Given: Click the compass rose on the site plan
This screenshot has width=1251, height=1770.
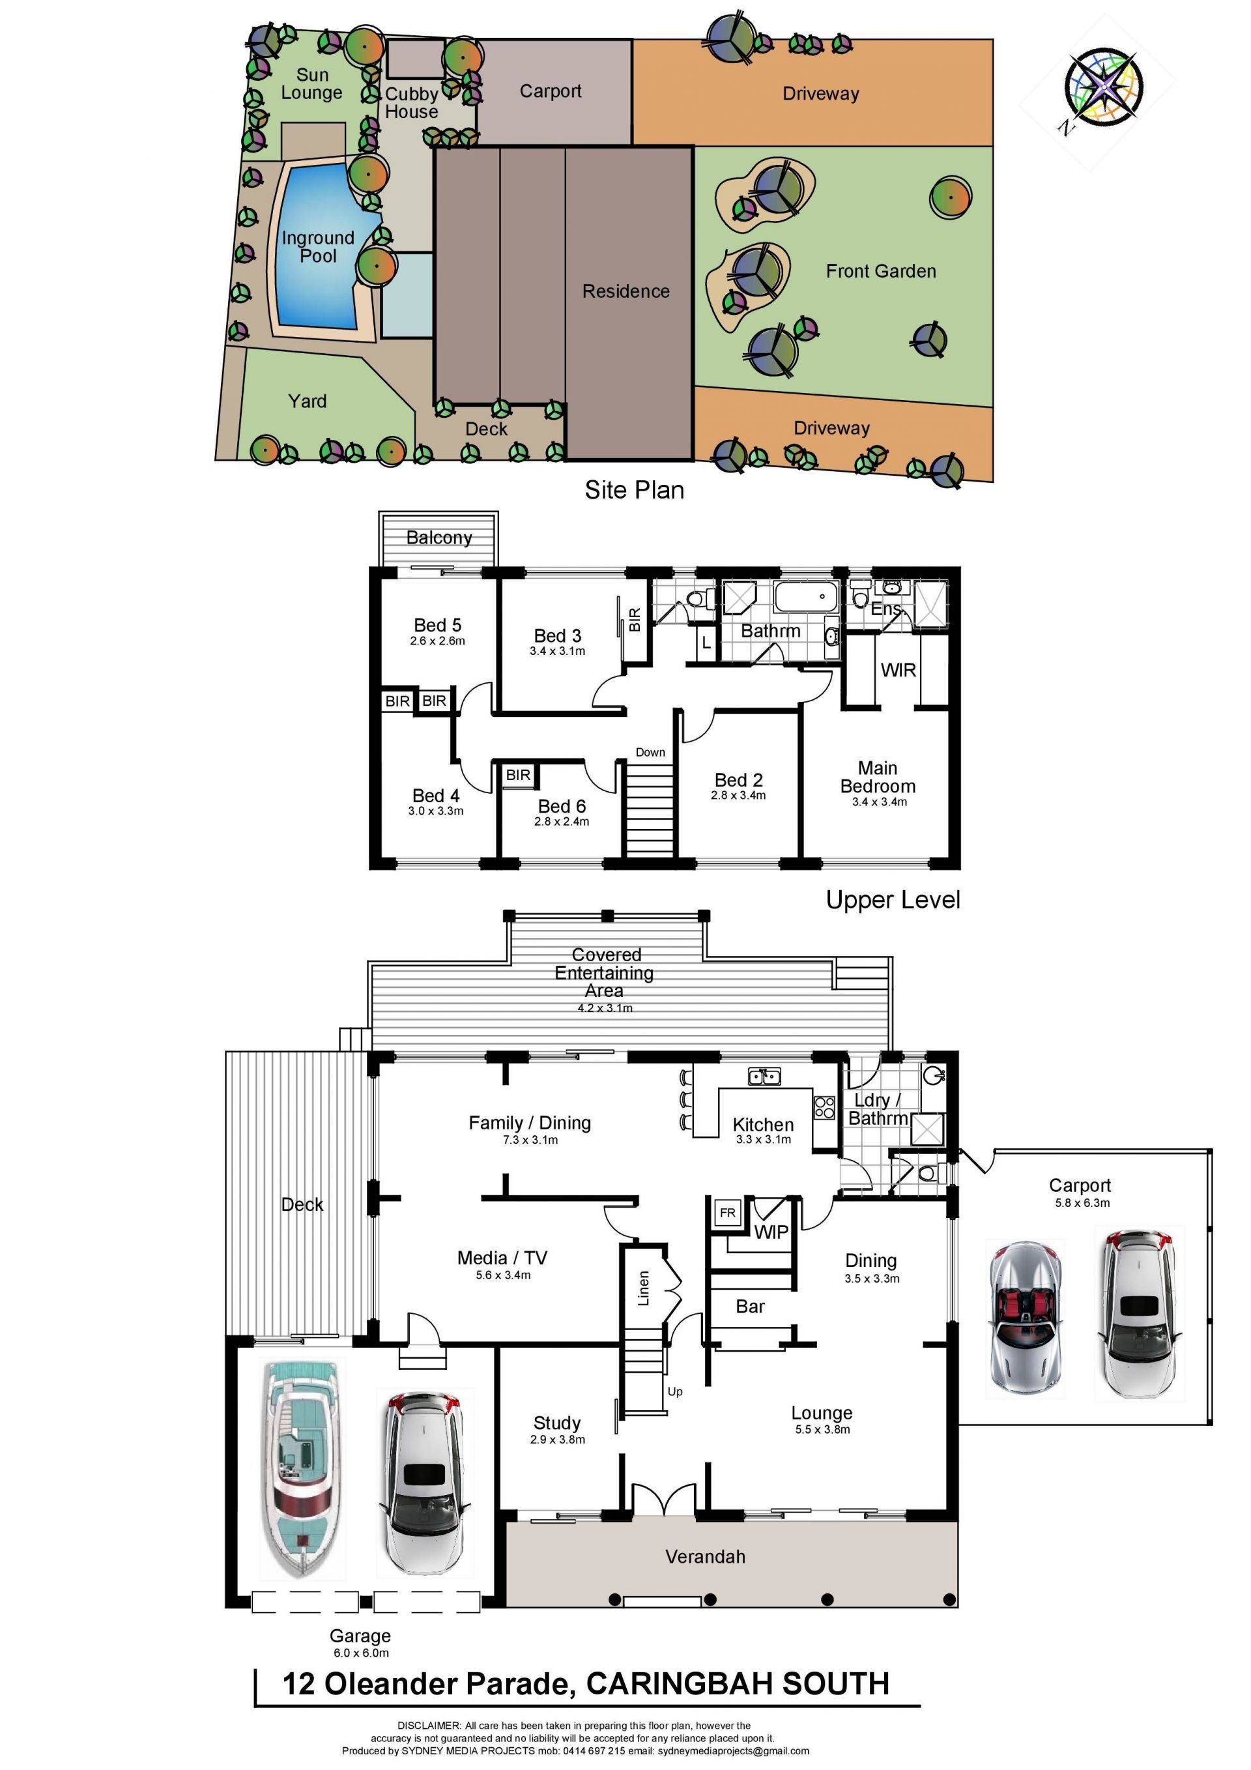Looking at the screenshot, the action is pyautogui.click(x=1102, y=86).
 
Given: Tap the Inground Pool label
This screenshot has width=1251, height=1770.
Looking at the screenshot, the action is pyautogui.click(x=317, y=247).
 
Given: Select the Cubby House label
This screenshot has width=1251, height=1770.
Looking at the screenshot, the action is pyautogui.click(x=412, y=102).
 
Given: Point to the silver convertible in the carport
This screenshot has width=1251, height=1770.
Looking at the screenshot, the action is pyautogui.click(x=1025, y=1319).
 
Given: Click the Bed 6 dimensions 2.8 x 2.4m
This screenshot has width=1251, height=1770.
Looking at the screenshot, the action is pyautogui.click(x=561, y=822).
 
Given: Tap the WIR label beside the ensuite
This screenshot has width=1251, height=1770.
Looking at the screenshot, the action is pyautogui.click(x=898, y=670).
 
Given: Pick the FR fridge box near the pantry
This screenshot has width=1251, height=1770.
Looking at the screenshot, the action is pyautogui.click(x=727, y=1213).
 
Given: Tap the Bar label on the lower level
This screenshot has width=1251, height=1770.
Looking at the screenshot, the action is pyautogui.click(x=750, y=1306).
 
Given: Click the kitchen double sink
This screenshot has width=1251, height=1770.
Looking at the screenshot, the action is pyautogui.click(x=764, y=1076).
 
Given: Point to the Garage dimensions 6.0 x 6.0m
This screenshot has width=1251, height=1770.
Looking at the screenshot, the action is pyautogui.click(x=361, y=1653).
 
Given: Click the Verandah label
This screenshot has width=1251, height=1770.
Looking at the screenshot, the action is pyautogui.click(x=705, y=1556).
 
